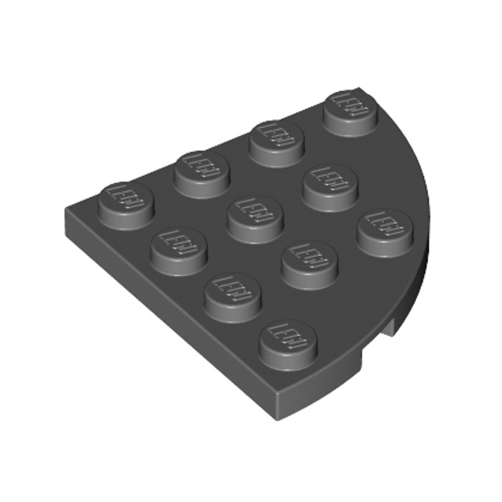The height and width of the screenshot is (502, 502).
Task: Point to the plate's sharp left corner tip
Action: (x=66, y=213)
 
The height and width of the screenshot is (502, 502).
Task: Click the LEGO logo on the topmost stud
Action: (x=351, y=104)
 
